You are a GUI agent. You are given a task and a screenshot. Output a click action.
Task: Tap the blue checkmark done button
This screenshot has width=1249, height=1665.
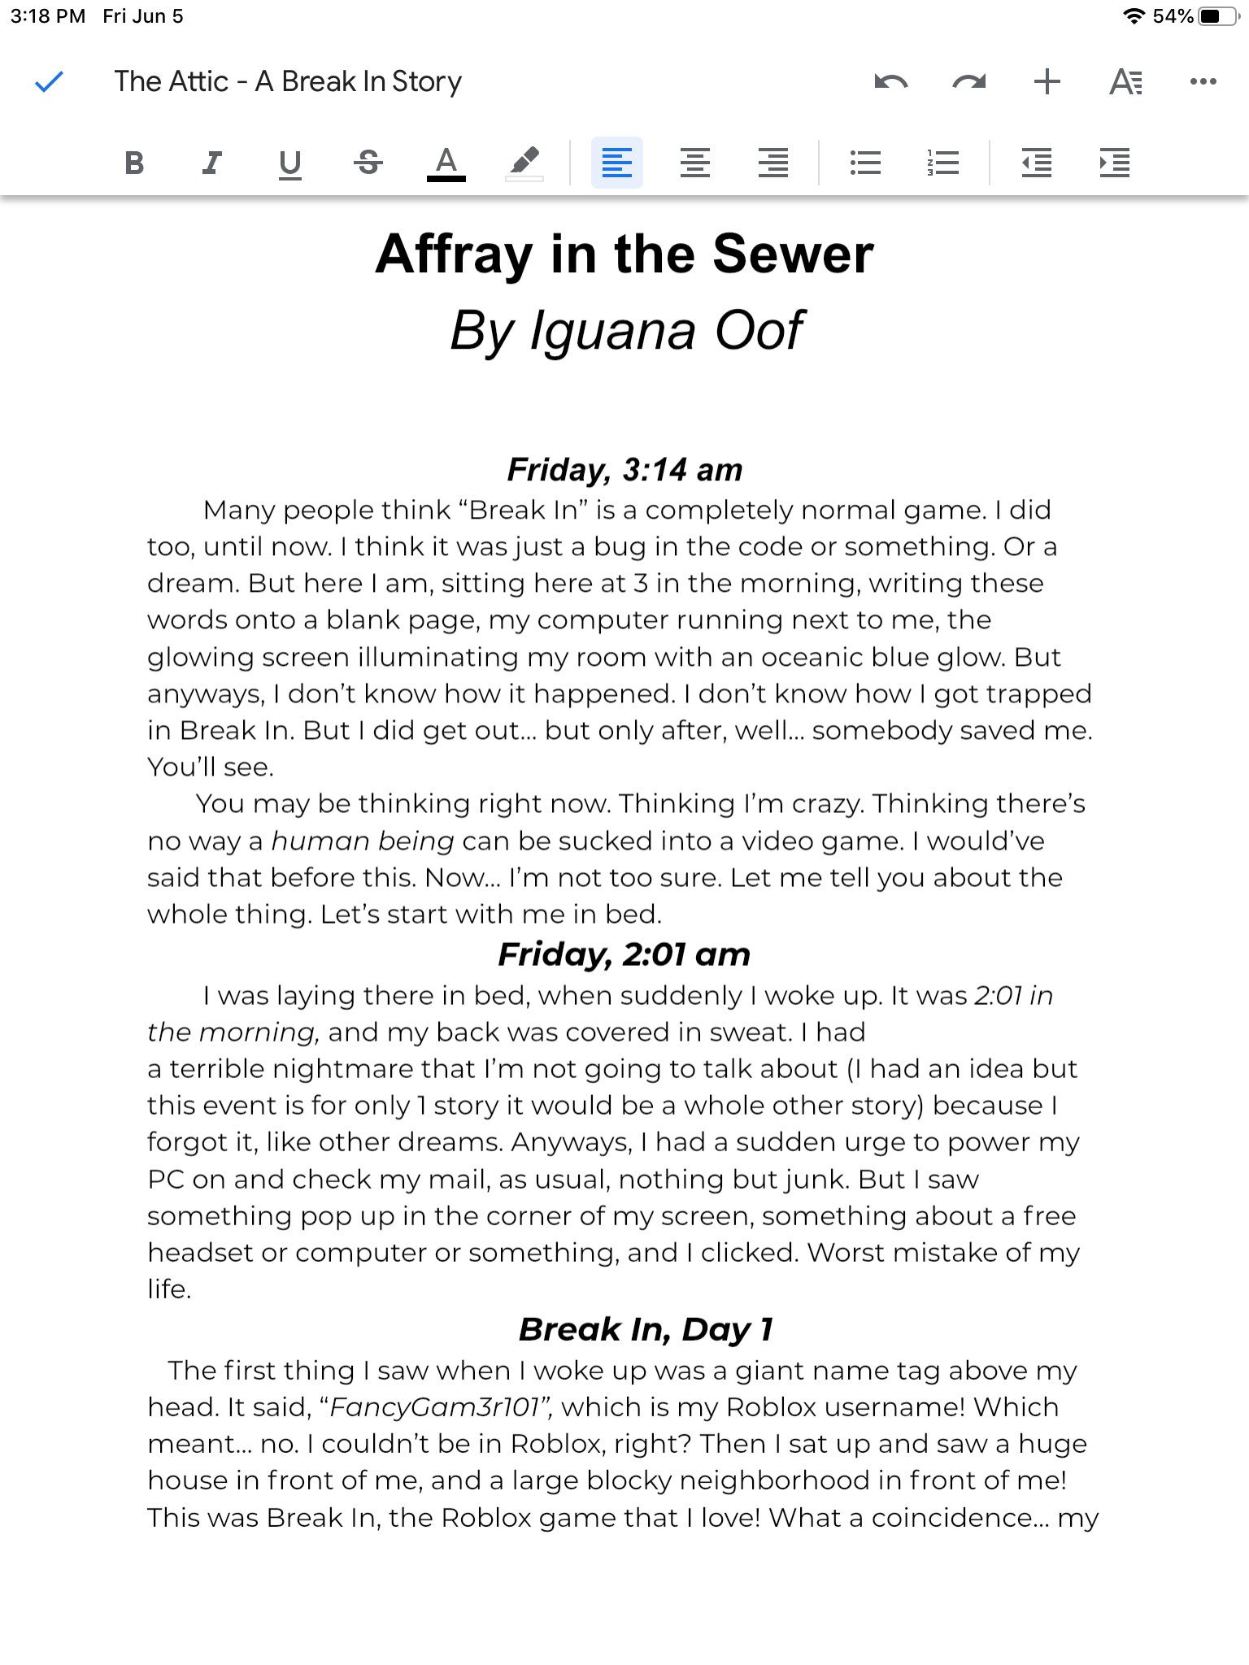(50, 82)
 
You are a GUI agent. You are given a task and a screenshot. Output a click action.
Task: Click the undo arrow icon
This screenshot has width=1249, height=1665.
(890, 81)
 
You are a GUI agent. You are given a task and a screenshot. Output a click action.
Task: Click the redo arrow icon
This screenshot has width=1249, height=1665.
(968, 81)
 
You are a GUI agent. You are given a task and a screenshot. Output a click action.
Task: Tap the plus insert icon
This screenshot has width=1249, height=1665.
(1047, 81)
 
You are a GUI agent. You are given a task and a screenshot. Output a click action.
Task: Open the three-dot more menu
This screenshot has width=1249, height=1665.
(1203, 81)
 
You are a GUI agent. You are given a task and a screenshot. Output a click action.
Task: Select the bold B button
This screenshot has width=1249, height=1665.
(135, 163)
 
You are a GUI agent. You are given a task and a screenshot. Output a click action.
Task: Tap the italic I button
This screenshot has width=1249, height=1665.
(211, 163)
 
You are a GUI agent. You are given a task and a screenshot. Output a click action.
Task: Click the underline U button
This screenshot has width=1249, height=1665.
(289, 163)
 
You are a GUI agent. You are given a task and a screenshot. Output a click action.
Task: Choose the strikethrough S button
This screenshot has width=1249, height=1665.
(368, 163)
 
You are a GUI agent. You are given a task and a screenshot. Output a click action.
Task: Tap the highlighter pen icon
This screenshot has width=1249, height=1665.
(524, 163)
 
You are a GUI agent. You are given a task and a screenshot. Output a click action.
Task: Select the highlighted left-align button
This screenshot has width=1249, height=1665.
(616, 163)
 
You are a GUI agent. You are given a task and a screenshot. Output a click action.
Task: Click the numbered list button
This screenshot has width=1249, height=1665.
(943, 163)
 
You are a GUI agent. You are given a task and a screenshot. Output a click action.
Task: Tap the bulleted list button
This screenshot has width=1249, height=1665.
(865, 163)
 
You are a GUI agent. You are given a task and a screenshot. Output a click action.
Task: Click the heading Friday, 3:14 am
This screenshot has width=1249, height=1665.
(624, 470)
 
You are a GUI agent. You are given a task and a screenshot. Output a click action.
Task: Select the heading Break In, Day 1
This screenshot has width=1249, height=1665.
(646, 1329)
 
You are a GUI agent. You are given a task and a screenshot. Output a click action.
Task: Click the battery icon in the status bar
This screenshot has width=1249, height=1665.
(1218, 16)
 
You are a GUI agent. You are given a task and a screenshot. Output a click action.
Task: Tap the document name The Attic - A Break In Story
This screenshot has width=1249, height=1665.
(288, 81)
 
